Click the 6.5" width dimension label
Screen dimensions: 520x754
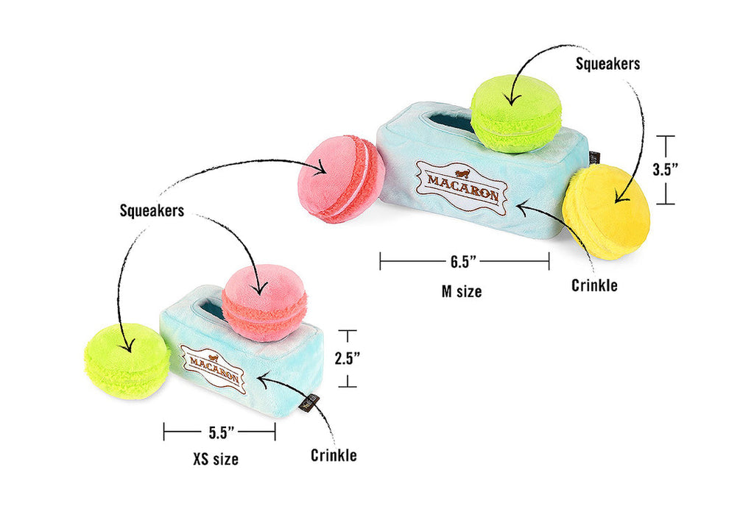click(x=464, y=261)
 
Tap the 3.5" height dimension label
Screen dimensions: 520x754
click(x=666, y=168)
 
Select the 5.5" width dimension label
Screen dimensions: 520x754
click(x=219, y=432)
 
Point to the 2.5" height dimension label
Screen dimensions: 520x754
click(x=347, y=358)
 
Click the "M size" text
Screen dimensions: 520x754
click(x=462, y=291)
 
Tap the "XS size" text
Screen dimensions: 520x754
click(x=216, y=460)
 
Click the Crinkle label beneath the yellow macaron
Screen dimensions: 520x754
click(x=594, y=285)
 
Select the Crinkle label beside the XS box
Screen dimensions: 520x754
click(x=334, y=455)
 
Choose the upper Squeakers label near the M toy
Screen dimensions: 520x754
click(x=608, y=63)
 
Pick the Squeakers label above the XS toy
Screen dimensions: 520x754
click(x=152, y=210)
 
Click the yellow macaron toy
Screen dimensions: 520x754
click(x=606, y=212)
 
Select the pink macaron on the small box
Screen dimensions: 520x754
click(x=264, y=303)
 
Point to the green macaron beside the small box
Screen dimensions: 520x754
click(x=127, y=361)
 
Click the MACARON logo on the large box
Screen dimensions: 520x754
click(x=462, y=184)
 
